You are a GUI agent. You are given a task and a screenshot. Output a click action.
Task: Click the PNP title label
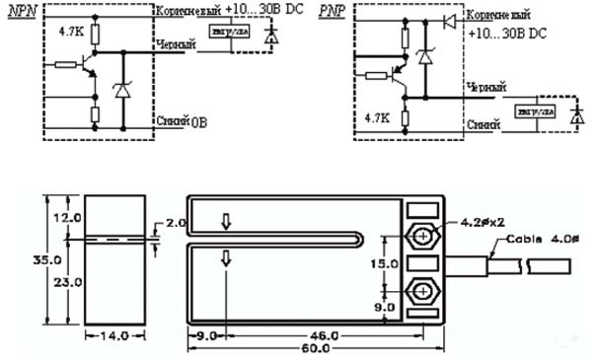tap(333, 12)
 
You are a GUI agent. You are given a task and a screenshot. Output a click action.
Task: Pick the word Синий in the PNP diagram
tap(483, 124)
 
